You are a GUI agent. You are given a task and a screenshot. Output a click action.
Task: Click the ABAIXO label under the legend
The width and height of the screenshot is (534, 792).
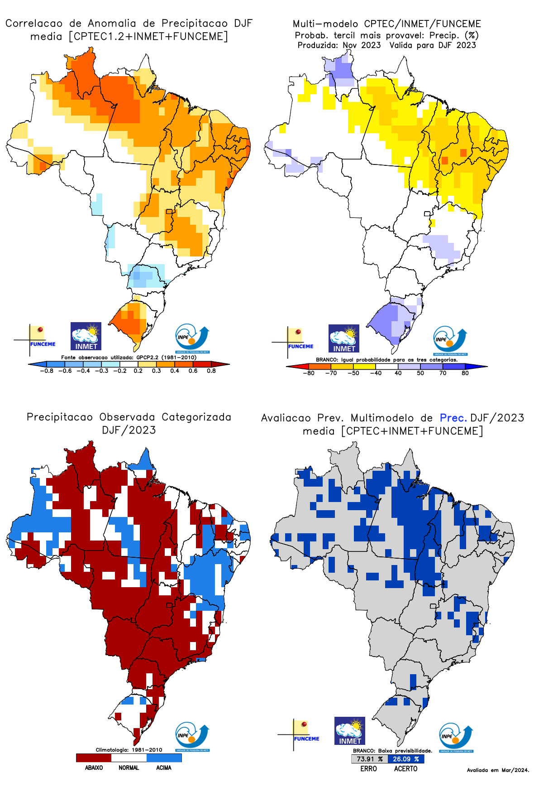pos(94,768)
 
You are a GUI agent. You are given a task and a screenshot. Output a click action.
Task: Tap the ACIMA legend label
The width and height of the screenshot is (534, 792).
pos(163,768)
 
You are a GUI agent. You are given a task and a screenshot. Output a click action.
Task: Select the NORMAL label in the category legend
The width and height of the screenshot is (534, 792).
pos(129,768)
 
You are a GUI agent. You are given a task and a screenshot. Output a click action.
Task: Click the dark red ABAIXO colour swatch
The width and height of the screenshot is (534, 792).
pos(94,757)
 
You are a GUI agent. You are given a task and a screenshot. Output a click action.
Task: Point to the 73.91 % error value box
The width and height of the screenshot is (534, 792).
pos(369,758)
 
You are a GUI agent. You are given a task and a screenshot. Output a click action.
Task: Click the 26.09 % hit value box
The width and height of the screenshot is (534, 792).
pos(405,758)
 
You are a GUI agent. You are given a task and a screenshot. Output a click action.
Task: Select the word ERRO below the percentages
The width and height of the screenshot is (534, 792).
pos(368,768)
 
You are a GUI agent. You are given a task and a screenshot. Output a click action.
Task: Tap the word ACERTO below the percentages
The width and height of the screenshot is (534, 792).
pos(405,768)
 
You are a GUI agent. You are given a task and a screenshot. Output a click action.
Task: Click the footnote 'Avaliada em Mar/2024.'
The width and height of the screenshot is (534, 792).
pos(498,770)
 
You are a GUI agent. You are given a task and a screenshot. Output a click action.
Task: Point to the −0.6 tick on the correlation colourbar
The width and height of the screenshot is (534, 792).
pos(65,371)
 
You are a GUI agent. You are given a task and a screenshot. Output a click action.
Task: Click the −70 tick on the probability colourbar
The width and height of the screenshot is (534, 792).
pos(331,373)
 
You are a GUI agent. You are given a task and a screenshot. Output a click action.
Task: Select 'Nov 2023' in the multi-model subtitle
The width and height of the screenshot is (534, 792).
pos(362,45)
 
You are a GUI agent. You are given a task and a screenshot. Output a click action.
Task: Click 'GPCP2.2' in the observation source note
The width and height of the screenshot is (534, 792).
pos(148,357)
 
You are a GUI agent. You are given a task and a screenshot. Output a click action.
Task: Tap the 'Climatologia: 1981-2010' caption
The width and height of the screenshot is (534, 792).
pos(129,749)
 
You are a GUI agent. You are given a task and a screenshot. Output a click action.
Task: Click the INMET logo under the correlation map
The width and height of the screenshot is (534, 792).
pos(86,336)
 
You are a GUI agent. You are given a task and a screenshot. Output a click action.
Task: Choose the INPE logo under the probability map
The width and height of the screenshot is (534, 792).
pos(450,340)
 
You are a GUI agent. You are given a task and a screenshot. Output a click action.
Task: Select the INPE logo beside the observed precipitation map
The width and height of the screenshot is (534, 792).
pos(192,737)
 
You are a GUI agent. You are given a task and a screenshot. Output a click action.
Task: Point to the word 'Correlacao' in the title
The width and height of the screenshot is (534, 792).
pos(34,23)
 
